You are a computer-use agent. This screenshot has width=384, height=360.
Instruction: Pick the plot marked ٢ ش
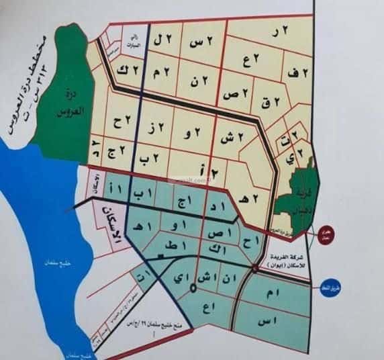tap(227, 135)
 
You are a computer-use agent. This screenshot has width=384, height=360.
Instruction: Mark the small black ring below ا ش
tap(194, 289)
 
